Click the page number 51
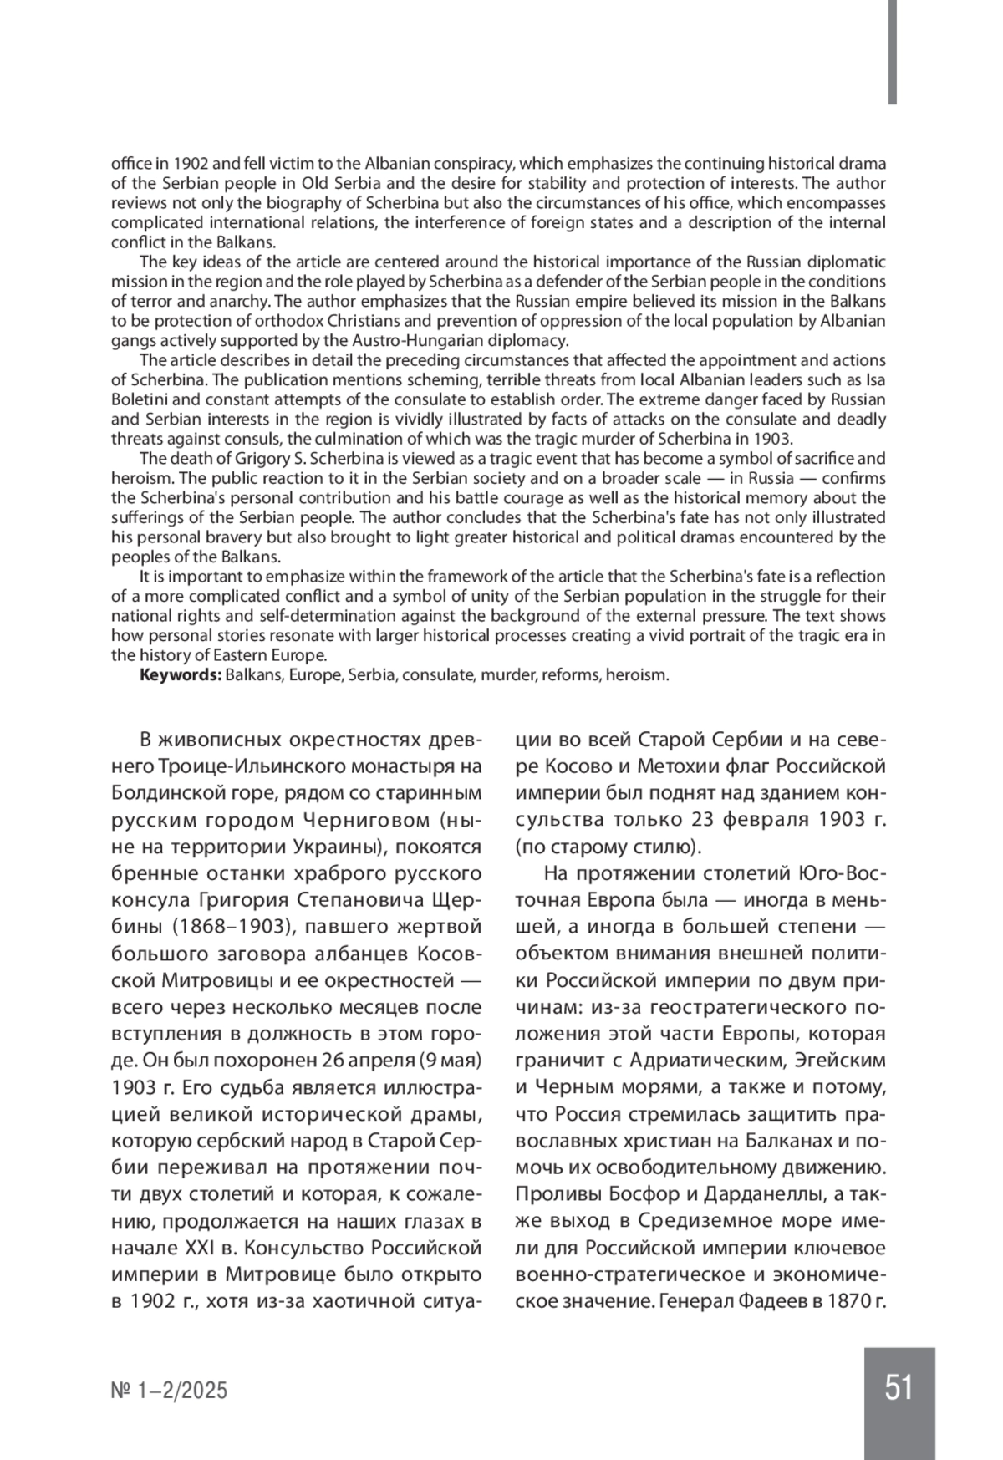click(899, 1388)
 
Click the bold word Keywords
click(179, 675)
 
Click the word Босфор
click(632, 1194)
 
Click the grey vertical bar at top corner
click(893, 52)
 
